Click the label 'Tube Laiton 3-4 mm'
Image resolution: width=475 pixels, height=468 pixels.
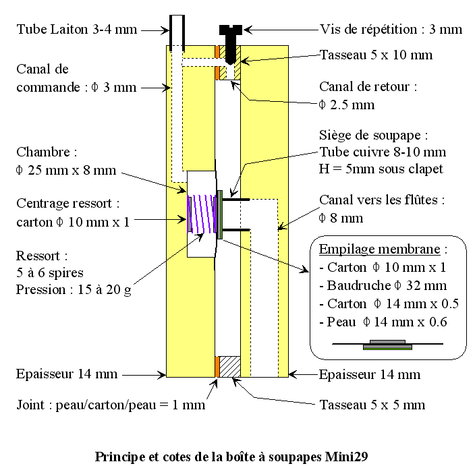[x=76, y=30]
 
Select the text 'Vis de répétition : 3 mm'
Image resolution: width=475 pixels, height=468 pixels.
[x=391, y=30]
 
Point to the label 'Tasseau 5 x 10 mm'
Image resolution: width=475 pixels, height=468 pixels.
[x=376, y=55]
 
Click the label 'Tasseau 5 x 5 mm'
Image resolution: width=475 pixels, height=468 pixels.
[x=372, y=405]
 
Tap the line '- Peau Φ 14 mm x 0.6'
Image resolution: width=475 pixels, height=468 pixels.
[x=373, y=322]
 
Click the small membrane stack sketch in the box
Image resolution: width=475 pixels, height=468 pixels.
[x=387, y=345]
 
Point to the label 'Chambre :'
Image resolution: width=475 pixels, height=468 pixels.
[x=43, y=152]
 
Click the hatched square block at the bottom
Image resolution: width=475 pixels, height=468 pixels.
[x=231, y=367]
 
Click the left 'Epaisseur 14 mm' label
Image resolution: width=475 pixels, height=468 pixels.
[x=67, y=374]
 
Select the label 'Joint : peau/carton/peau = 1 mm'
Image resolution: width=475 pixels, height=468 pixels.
[x=111, y=405]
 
